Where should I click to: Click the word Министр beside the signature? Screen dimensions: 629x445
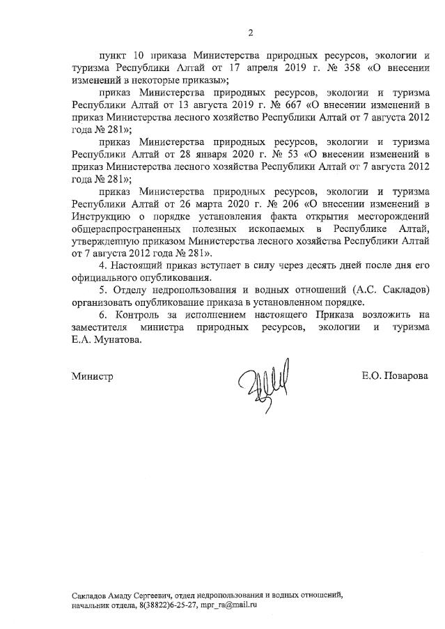coord(92,377)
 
